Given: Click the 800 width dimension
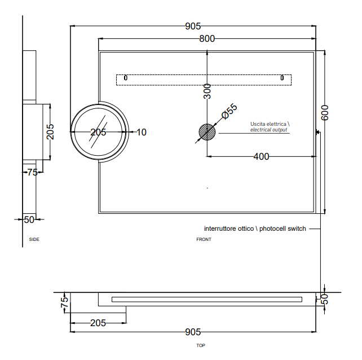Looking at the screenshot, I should (207, 38).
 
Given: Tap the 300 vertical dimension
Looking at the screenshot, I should (207, 91).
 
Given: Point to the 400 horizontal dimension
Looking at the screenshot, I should (261, 156).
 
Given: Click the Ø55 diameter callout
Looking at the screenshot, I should (229, 111).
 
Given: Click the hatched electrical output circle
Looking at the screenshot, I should (207, 133).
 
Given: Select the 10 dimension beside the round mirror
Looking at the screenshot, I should (141, 132).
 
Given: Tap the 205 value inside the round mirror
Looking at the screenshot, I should (98, 132).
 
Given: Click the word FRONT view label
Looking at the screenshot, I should (204, 240).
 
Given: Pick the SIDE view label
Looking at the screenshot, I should (34, 240).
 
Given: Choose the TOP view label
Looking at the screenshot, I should (200, 345).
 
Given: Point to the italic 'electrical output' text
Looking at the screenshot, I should (269, 130).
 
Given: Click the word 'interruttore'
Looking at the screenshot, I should (221, 229).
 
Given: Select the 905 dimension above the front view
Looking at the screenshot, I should (193, 26).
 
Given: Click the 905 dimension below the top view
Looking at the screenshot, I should (193, 332).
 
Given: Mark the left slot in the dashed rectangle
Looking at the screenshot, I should (125, 77).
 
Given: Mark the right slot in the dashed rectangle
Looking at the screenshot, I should (282, 77).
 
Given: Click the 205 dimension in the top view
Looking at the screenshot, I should (98, 323).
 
